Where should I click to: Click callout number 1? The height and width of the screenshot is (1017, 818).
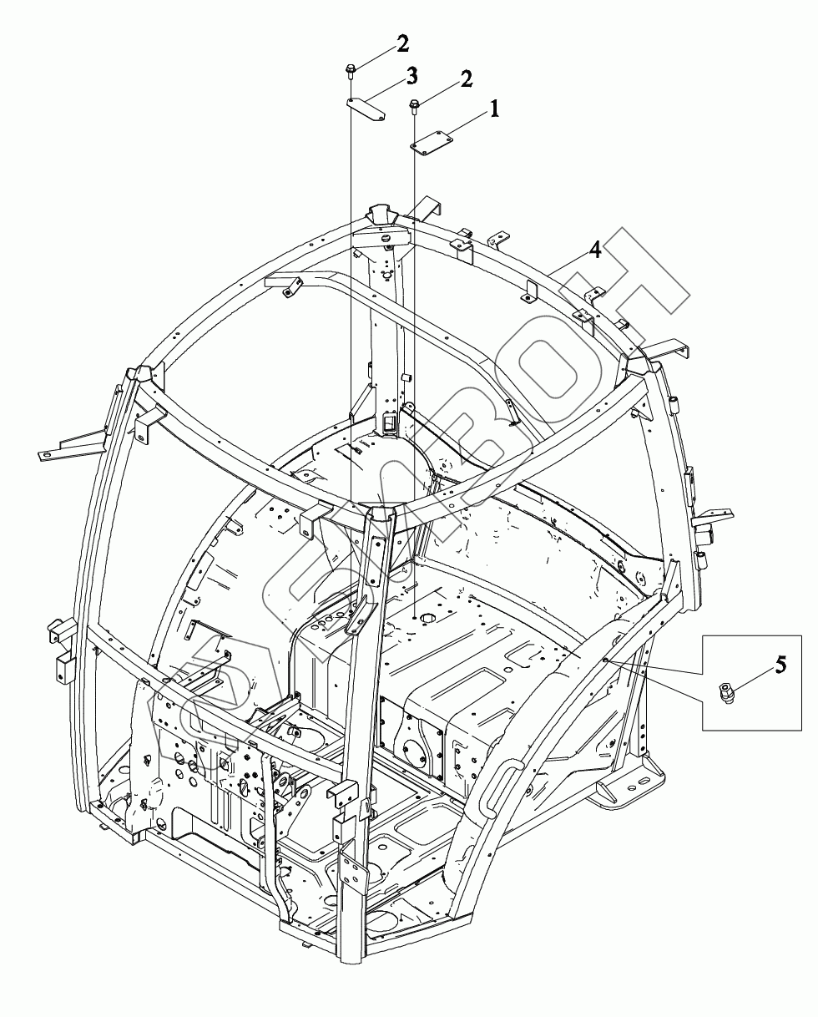pos(494,108)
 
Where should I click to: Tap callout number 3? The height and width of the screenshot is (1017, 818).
pos(412,78)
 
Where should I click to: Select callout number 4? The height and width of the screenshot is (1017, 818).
pos(594,250)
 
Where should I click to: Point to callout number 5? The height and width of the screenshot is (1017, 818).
pos(780,665)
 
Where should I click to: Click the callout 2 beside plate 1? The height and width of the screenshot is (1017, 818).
pos(465,79)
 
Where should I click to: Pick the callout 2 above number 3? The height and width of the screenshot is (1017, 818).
pos(403,43)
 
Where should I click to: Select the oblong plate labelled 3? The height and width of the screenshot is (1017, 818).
pos(365,109)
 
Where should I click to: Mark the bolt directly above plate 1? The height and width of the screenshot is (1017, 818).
pos(414,105)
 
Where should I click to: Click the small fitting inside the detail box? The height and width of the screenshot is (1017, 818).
pos(725,693)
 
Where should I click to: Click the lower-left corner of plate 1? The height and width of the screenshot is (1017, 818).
pos(415,148)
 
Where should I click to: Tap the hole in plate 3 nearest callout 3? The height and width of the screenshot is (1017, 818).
pos(379,118)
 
